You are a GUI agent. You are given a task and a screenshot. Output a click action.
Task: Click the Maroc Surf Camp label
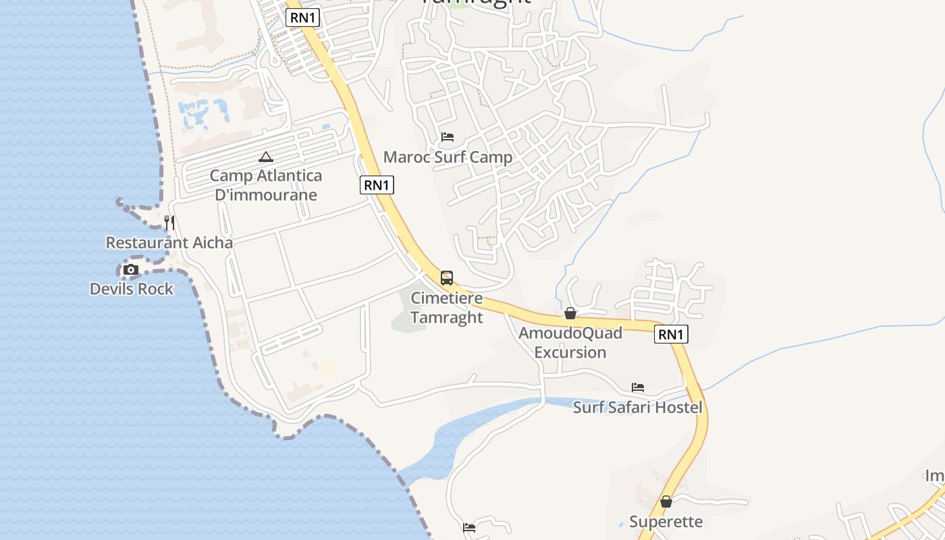pos(448,157)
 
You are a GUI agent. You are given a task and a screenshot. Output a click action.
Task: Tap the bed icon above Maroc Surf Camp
pos(447,137)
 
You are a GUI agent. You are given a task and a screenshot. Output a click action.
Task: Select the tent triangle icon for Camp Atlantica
pos(266,157)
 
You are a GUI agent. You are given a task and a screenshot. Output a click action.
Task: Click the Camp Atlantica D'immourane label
pos(265,185)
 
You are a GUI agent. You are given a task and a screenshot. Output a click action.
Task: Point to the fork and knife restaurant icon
pos(169,222)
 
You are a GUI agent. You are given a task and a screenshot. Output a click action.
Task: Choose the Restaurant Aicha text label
pos(169,242)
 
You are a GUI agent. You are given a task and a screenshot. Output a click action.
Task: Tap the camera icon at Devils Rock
pos(131,270)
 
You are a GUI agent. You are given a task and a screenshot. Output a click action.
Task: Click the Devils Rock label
pos(132,289)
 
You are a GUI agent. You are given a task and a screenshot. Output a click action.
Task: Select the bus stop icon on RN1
pos(446,277)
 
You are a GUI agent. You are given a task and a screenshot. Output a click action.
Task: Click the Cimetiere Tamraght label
pos(447,308)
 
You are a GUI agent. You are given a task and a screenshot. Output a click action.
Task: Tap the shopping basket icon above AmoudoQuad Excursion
pos(570,313)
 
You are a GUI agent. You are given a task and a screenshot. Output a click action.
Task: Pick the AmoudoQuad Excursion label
pos(570,342)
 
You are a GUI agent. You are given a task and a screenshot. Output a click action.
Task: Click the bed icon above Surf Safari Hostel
pos(638,387)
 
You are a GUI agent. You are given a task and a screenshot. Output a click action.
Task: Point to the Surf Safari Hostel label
pos(638,407)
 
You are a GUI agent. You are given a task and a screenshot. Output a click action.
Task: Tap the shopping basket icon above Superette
pos(666,502)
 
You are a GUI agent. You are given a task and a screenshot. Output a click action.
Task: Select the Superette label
pos(666,522)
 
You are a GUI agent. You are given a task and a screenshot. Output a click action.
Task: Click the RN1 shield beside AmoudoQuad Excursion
pos(671,333)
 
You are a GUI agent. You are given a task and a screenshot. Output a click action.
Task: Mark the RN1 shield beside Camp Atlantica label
pos(377,185)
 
